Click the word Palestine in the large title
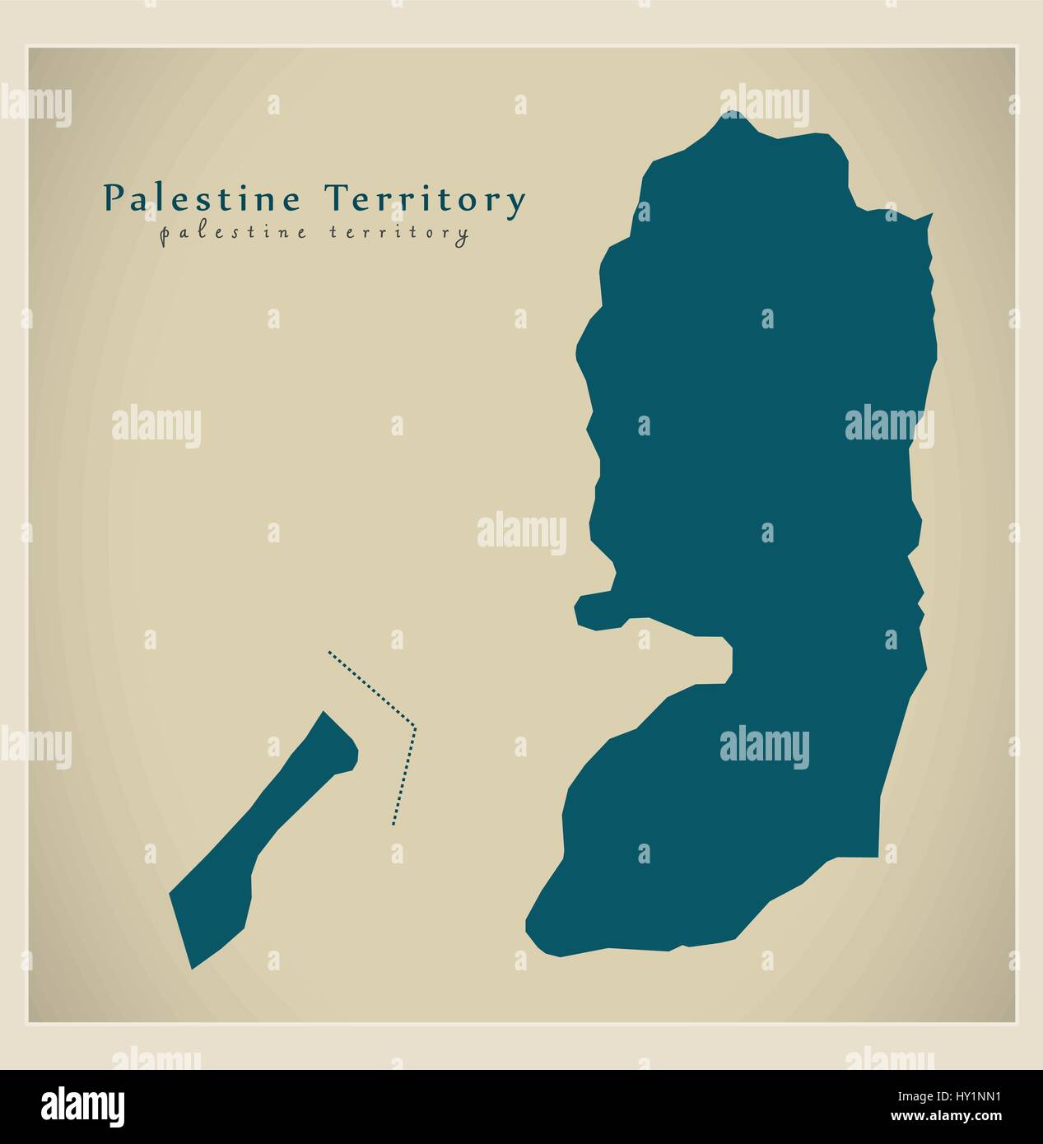pos(207,199)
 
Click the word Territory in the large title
pos(425,199)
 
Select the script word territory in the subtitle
pos(398,233)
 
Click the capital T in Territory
pos(337,198)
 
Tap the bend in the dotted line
pos(416,728)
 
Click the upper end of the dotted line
pos(329,652)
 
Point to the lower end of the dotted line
pos(393,824)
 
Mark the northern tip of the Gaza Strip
pos(325,712)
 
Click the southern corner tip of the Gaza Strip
pos(192,968)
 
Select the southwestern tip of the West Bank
pos(527,930)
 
